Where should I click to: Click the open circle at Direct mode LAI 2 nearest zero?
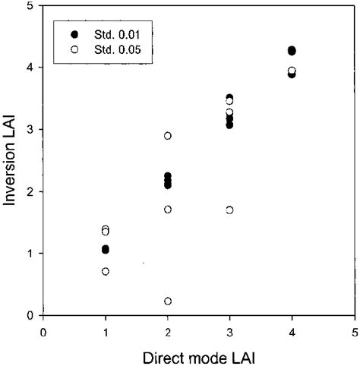(x=168, y=301)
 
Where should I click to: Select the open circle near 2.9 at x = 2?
(x=168, y=136)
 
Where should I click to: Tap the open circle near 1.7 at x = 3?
(x=230, y=210)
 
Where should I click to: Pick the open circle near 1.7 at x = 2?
(x=168, y=209)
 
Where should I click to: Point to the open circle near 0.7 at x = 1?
(x=106, y=271)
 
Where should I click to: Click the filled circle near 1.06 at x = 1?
(x=106, y=249)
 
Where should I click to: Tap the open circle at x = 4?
(x=292, y=71)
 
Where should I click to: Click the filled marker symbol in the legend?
(x=74, y=35)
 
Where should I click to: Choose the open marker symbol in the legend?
(x=74, y=51)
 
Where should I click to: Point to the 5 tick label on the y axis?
(x=29, y=6)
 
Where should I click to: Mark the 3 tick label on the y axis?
(x=29, y=130)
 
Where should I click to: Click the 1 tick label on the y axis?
(x=29, y=254)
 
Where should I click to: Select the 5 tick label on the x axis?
(x=354, y=332)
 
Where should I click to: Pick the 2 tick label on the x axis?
(x=168, y=332)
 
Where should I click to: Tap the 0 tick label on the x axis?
(x=44, y=332)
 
